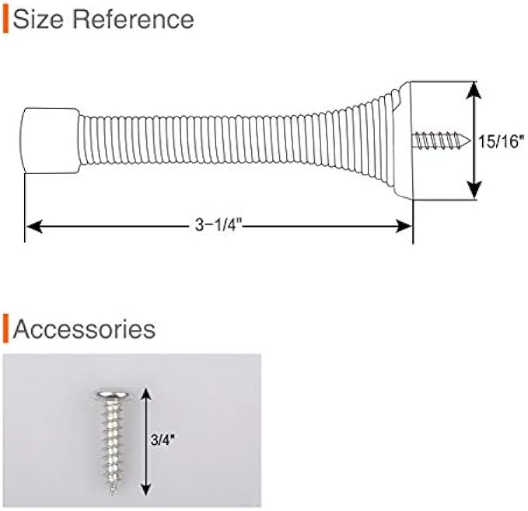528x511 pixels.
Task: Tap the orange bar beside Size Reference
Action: click(x=5, y=19)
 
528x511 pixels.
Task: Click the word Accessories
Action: click(x=85, y=328)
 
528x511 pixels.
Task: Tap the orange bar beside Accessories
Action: click(x=5, y=328)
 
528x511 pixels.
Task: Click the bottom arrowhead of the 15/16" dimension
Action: click(x=474, y=193)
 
